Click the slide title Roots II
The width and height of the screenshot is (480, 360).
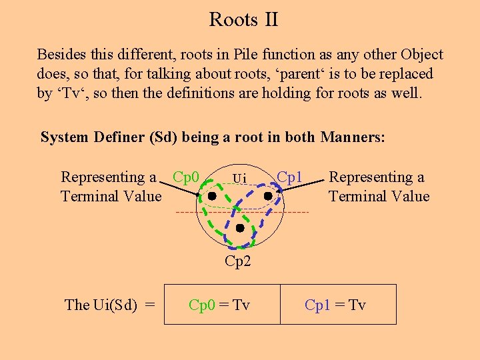pos(243,19)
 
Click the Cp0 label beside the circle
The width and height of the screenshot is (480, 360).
pos(186,177)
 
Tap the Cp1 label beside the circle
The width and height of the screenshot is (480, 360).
pos(290,177)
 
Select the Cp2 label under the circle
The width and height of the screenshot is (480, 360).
pos(238,261)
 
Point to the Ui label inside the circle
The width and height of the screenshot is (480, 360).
pos(239,178)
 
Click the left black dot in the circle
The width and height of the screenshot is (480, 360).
pos(211,197)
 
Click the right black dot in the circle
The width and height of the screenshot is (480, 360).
pos(267,197)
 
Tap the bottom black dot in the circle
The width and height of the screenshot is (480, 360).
pos(240,228)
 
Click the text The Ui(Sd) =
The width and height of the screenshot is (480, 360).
pos(110,305)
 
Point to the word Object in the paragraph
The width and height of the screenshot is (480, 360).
pos(420,55)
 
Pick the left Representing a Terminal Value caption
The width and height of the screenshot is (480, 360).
pos(111,187)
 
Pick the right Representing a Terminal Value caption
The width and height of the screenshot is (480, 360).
pos(379,187)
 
